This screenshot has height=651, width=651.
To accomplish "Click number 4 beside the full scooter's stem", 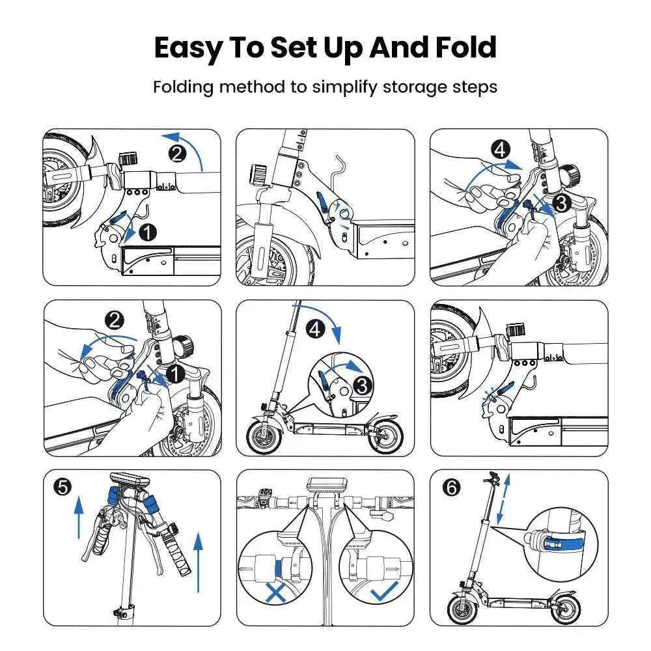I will tap(316, 329).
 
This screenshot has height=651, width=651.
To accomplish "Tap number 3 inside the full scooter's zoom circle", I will tap(363, 385).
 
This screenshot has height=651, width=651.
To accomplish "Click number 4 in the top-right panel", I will tap(500, 150).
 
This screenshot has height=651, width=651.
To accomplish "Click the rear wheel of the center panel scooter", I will tap(385, 439).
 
